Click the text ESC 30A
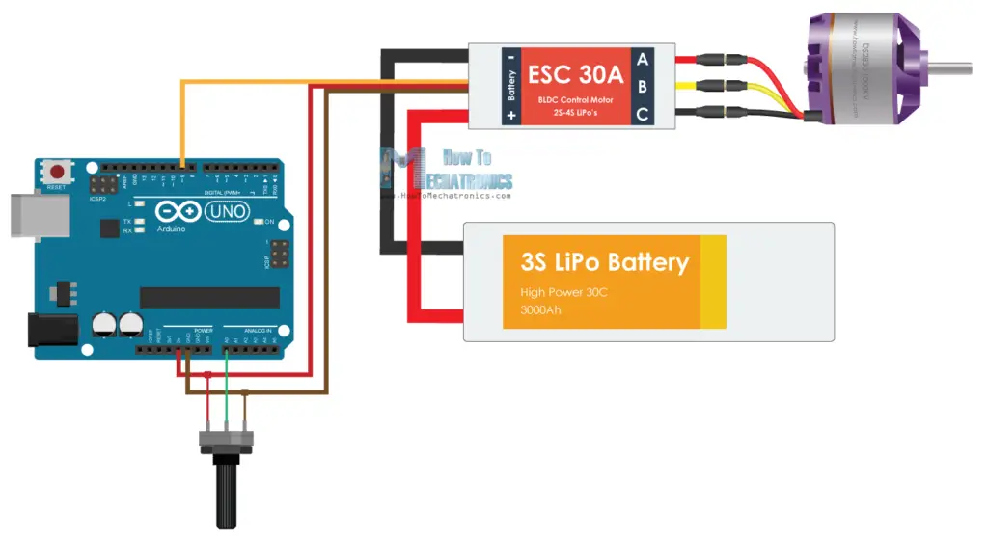pos(576,73)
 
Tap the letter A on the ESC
pos(643,59)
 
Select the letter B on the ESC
pos(643,87)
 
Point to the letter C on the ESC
pos(643,115)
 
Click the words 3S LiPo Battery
pos(604,262)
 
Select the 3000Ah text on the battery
pos(540,310)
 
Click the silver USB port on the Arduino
pos(26,216)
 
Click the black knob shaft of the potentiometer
pos(226,491)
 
